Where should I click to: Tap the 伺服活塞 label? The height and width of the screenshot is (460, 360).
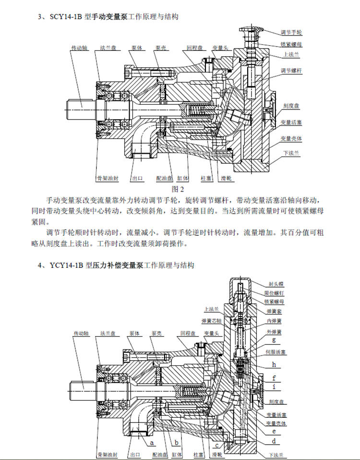point(276,352)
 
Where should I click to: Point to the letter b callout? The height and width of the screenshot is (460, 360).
point(177,442)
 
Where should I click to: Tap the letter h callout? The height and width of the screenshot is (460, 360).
point(274,364)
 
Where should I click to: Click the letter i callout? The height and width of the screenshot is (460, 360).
point(274,386)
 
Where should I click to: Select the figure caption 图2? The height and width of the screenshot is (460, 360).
point(178,189)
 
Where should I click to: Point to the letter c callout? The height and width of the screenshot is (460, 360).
point(216,445)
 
